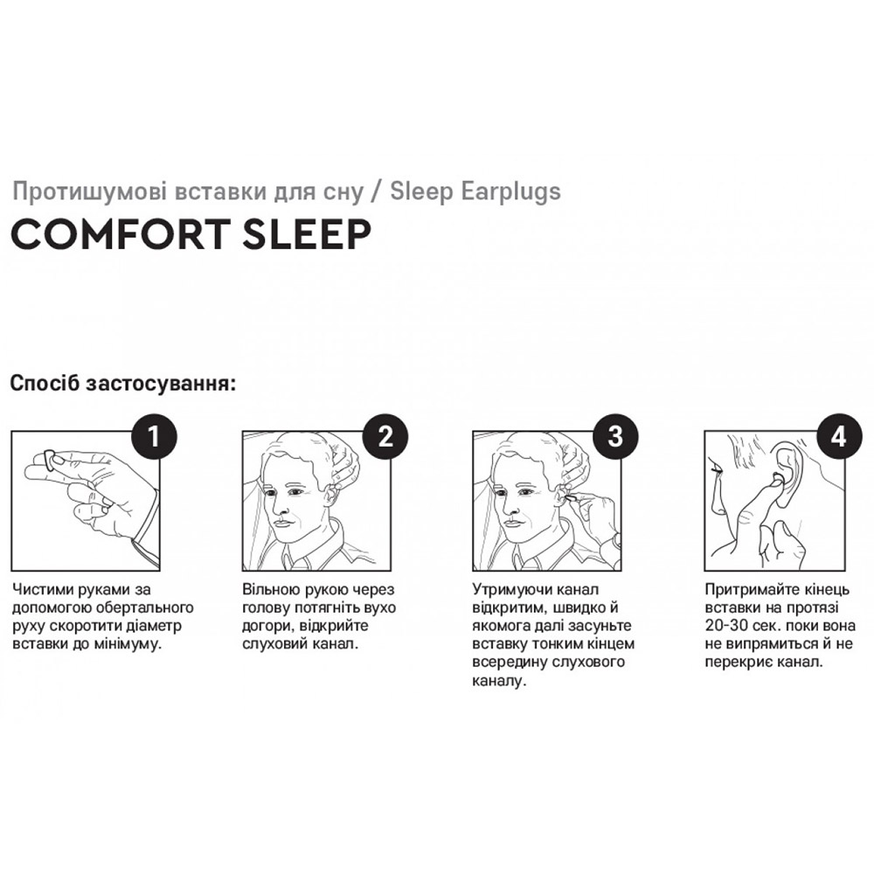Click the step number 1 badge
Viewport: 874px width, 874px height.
154,436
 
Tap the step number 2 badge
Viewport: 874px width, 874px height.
385,436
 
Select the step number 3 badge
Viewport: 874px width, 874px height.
615,436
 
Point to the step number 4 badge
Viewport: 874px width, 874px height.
839,436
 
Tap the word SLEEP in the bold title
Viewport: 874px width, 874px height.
307,234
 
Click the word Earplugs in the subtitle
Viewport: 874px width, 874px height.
510,192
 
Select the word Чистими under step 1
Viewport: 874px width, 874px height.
44,589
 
